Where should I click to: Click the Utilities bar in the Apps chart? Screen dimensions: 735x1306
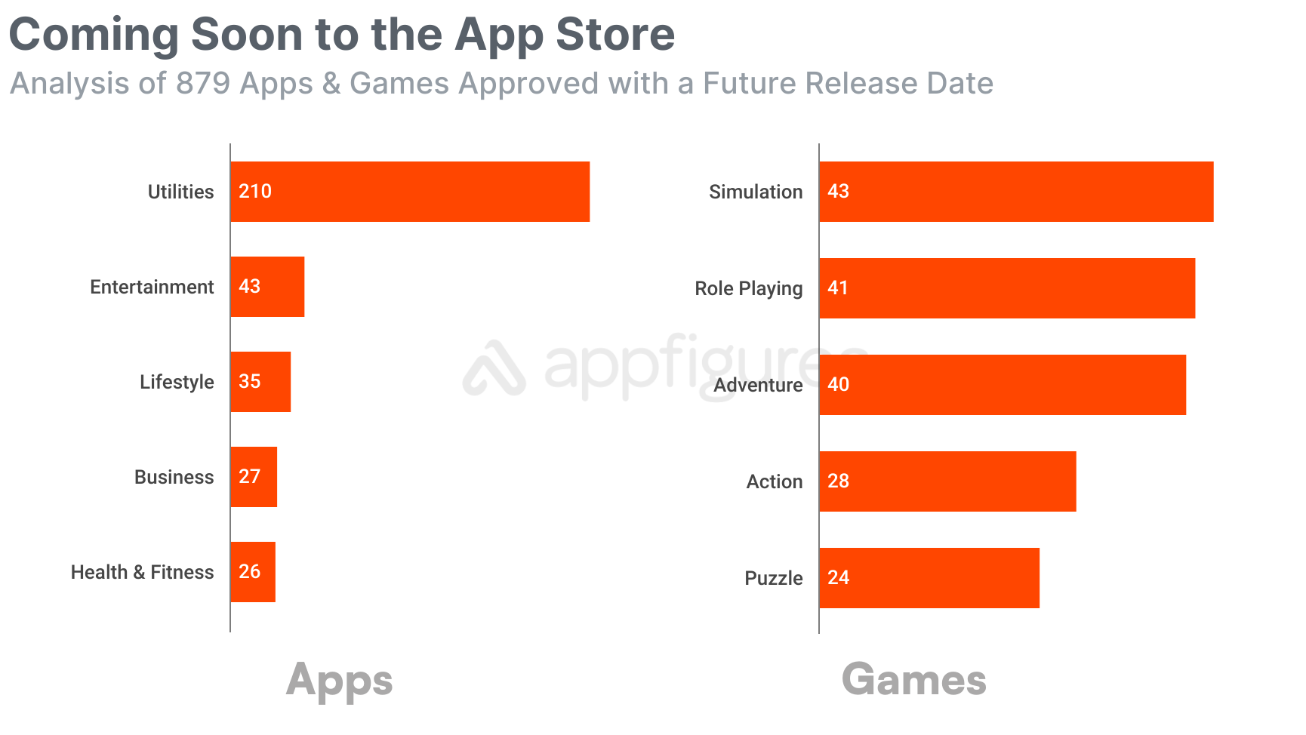click(410, 192)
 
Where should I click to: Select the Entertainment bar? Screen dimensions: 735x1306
click(267, 287)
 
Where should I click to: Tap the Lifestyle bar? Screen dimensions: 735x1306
click(260, 382)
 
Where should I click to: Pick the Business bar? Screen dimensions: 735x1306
click(254, 477)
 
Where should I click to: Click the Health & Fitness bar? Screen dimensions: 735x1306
click(253, 572)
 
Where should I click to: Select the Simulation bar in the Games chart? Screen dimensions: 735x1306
click(1016, 192)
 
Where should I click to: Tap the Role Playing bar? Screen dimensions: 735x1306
click(1007, 288)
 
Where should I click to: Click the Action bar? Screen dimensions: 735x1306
click(947, 481)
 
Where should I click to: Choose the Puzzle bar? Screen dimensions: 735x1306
click(929, 578)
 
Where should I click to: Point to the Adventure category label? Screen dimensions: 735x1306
click(758, 386)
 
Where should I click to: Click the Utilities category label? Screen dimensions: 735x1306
click(180, 192)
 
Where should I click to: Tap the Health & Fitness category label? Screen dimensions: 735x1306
click(142, 573)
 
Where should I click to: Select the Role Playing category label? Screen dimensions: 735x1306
click(748, 289)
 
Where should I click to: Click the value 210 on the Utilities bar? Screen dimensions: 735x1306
click(255, 192)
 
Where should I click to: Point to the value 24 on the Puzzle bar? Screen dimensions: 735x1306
click(838, 578)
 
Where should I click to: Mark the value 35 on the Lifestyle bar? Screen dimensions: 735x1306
click(249, 382)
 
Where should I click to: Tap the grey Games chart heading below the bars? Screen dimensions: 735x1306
click(913, 679)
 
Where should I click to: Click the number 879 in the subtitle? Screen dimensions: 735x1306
click(202, 84)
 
